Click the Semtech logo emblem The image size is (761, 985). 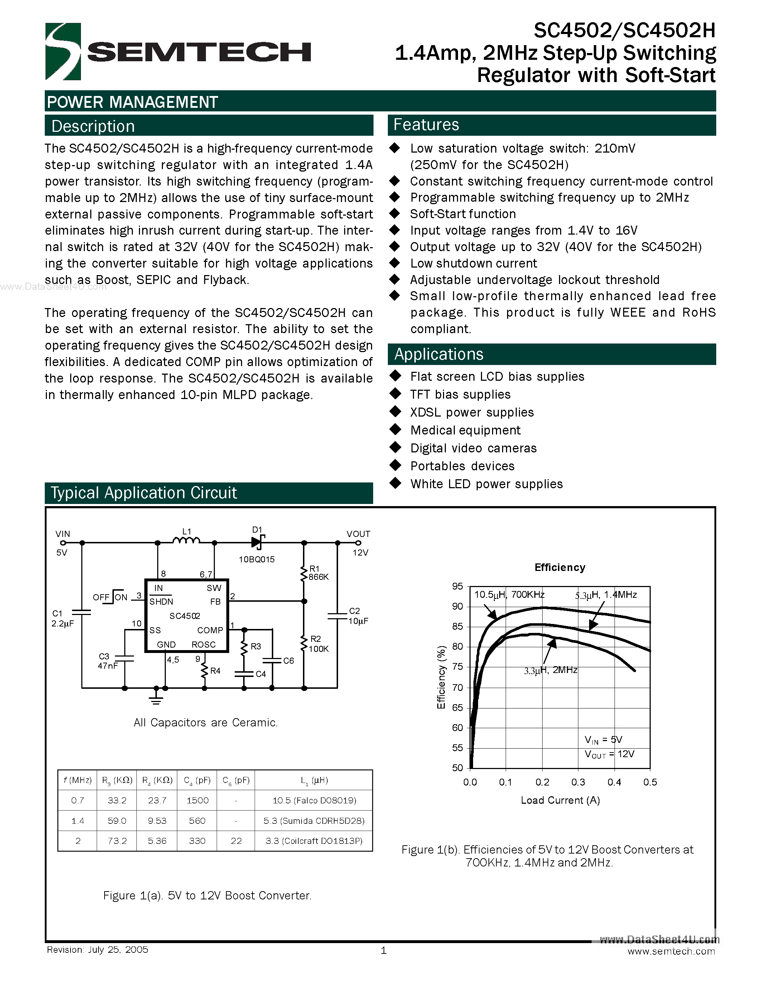tap(63, 52)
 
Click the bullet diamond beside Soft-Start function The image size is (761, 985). tap(395, 213)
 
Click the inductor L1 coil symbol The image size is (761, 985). tap(186, 540)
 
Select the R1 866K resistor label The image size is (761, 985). tap(318, 573)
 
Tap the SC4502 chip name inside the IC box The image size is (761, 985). tap(185, 616)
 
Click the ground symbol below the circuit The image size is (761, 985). tap(156, 699)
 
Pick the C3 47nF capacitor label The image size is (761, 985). tap(107, 661)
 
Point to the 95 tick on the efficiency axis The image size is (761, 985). tap(457, 586)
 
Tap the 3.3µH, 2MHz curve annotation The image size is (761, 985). tap(550, 670)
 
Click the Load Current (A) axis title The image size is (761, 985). tap(560, 800)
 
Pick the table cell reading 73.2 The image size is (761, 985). tap(117, 841)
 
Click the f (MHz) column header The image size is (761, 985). tap(78, 780)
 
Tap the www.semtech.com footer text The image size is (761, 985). tap(671, 951)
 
